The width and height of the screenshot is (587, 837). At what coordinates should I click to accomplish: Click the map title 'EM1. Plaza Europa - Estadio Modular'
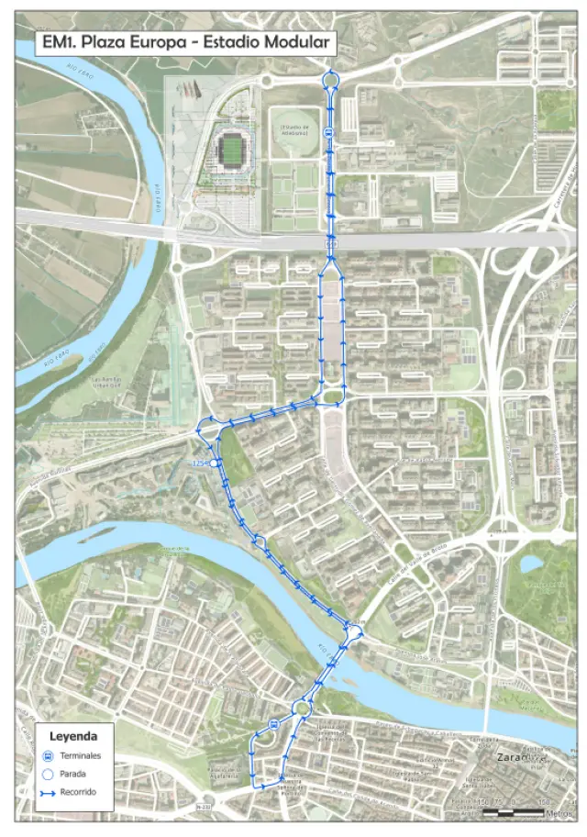pyautogui.click(x=180, y=42)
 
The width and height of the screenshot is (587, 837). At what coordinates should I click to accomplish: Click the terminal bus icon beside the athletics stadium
pyautogui.click(x=328, y=132)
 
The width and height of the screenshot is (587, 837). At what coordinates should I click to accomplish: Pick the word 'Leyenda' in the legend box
pyautogui.click(x=72, y=735)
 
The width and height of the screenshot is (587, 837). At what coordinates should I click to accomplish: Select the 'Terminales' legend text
pyautogui.click(x=81, y=755)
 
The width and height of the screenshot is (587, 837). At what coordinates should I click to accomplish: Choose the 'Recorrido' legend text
pyautogui.click(x=81, y=791)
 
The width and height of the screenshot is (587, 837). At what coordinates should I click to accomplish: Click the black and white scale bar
pyautogui.click(x=514, y=812)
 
